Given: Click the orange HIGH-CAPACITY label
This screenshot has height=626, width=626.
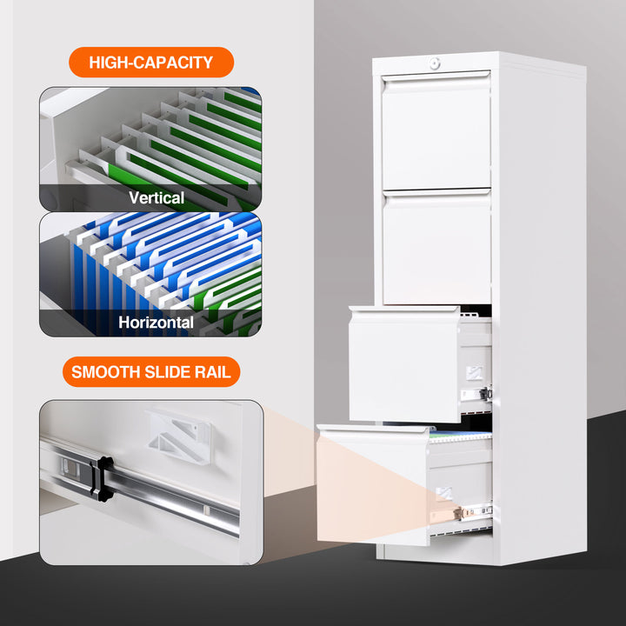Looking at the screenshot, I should [150, 63].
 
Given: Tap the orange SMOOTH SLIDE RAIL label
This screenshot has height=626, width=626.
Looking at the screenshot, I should [150, 372].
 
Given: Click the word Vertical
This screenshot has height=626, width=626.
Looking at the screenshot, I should [156, 197].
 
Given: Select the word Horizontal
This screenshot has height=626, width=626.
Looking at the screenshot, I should [156, 323].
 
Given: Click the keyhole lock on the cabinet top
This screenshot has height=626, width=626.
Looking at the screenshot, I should [436, 63].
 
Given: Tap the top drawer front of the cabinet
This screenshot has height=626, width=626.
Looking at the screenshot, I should [436, 132].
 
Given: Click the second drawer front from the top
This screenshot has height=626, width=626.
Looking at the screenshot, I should [436, 248].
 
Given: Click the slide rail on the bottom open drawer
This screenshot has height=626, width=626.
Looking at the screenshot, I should [465, 512].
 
